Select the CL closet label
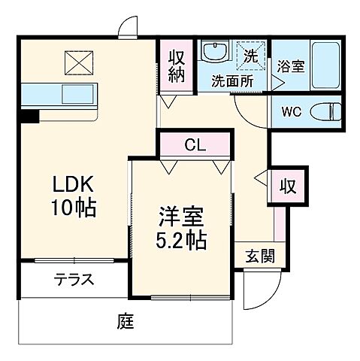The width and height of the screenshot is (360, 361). coord(193,144)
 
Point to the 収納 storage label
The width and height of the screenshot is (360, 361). coord(176,66)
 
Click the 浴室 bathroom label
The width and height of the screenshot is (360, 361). coord(290,66)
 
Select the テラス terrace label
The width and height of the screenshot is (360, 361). coord(73,281)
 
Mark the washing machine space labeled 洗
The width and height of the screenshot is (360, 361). coord(251,54)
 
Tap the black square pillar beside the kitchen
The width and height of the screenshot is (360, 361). coord(29,117)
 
